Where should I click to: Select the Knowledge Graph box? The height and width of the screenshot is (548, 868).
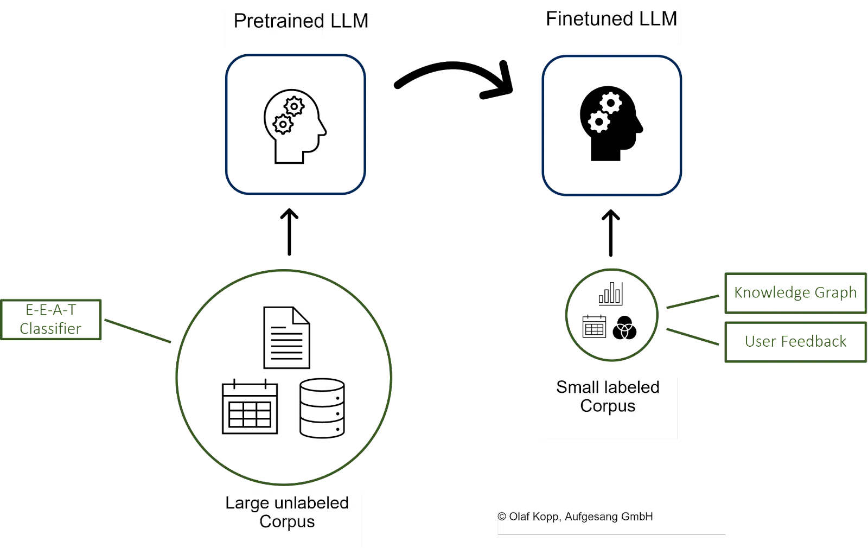coord(795,293)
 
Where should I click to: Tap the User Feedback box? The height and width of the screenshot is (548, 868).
coord(795,342)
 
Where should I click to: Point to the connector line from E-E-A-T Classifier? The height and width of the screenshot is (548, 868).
coord(138,330)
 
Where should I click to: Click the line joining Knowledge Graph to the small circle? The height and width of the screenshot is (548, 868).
coord(692,302)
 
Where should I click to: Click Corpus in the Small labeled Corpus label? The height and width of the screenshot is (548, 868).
coord(608,406)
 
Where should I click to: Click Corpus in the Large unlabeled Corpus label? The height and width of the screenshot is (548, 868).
coord(287,522)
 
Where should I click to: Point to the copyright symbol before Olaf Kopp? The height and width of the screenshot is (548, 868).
coord(502,517)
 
